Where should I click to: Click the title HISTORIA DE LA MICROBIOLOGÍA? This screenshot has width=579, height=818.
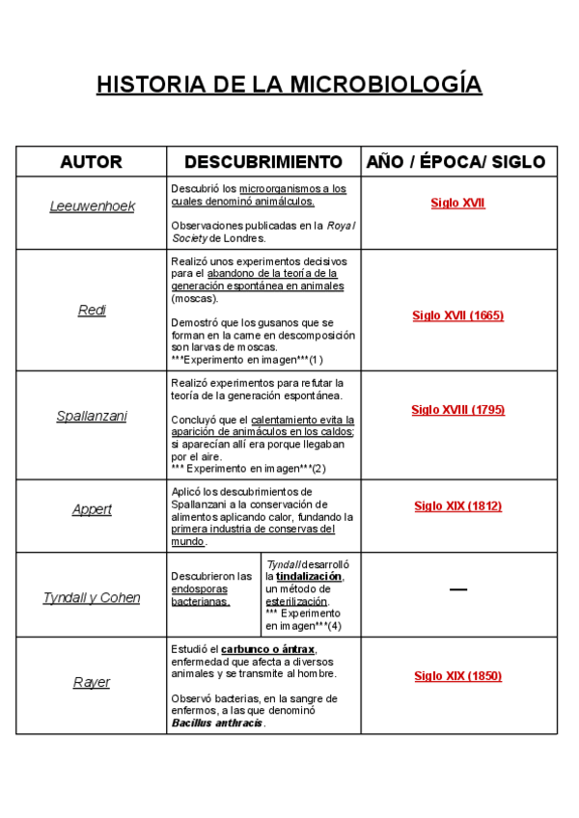[x=289, y=85]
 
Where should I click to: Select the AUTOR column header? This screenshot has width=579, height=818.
[x=92, y=162]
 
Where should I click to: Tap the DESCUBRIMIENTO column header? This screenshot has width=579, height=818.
[x=263, y=162]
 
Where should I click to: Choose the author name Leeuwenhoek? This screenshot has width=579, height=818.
[x=92, y=206]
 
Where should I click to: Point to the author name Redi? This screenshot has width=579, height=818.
[x=92, y=310]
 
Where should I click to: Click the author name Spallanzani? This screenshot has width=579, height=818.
[x=92, y=416]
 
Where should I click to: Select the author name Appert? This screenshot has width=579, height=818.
[x=92, y=509]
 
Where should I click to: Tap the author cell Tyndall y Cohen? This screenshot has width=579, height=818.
[x=92, y=597]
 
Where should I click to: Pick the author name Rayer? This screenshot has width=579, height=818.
[x=92, y=682]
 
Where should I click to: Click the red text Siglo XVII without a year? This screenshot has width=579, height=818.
[x=457, y=204]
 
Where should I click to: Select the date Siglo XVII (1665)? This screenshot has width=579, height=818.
[x=457, y=315]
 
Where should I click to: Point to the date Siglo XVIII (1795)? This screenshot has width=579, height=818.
[x=457, y=410]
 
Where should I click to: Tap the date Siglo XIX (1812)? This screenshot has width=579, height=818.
[x=457, y=505]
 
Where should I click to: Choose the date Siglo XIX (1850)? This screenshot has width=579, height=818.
[x=457, y=676]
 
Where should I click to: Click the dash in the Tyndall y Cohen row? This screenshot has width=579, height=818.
[x=457, y=588]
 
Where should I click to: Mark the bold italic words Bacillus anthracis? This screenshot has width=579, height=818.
[x=217, y=723]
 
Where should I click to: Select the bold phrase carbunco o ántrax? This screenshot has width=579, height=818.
[x=267, y=649]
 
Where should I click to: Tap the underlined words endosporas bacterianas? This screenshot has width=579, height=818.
[x=201, y=594]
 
